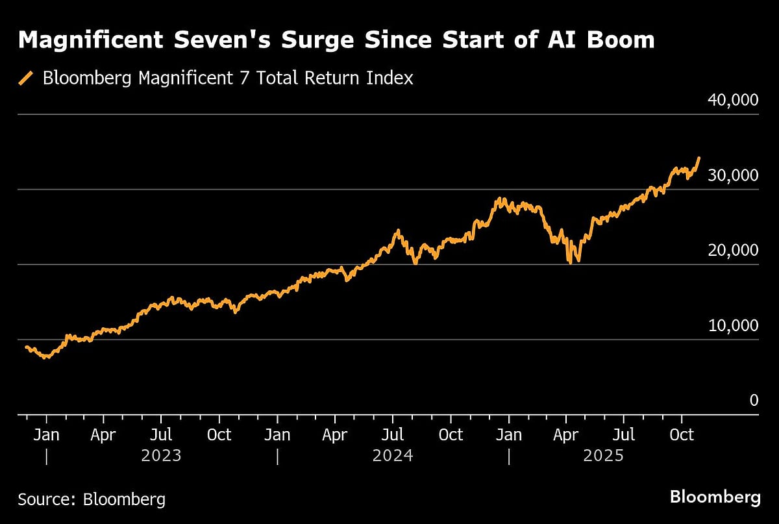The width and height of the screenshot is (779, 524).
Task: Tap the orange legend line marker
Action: pyautogui.click(x=26, y=79)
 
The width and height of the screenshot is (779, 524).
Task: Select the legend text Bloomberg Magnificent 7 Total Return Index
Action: pyautogui.click(x=228, y=79)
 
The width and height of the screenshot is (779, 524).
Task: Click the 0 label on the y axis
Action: pyautogui.click(x=754, y=401)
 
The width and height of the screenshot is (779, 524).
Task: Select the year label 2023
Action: pyautogui.click(x=161, y=456)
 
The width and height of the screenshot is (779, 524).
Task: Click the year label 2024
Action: pyautogui.click(x=393, y=456)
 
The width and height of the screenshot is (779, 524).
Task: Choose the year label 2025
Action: pyautogui.click(x=603, y=456)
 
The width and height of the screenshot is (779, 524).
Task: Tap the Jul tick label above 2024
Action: pyautogui.click(x=393, y=434)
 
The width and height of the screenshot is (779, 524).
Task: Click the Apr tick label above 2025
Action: pyautogui.click(x=566, y=434)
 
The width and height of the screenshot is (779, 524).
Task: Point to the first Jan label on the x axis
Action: pyautogui.click(x=47, y=434)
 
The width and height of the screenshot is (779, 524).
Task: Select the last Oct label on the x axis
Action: pyautogui.click(x=681, y=434)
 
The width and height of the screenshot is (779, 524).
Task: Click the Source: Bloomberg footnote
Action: pyautogui.click(x=92, y=499)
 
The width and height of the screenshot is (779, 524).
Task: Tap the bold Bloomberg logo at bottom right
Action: pyautogui.click(x=715, y=498)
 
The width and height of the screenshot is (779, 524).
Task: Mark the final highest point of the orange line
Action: pyautogui.click(x=699, y=158)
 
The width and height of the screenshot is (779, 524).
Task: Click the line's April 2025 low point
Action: pyautogui.click(x=570, y=262)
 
